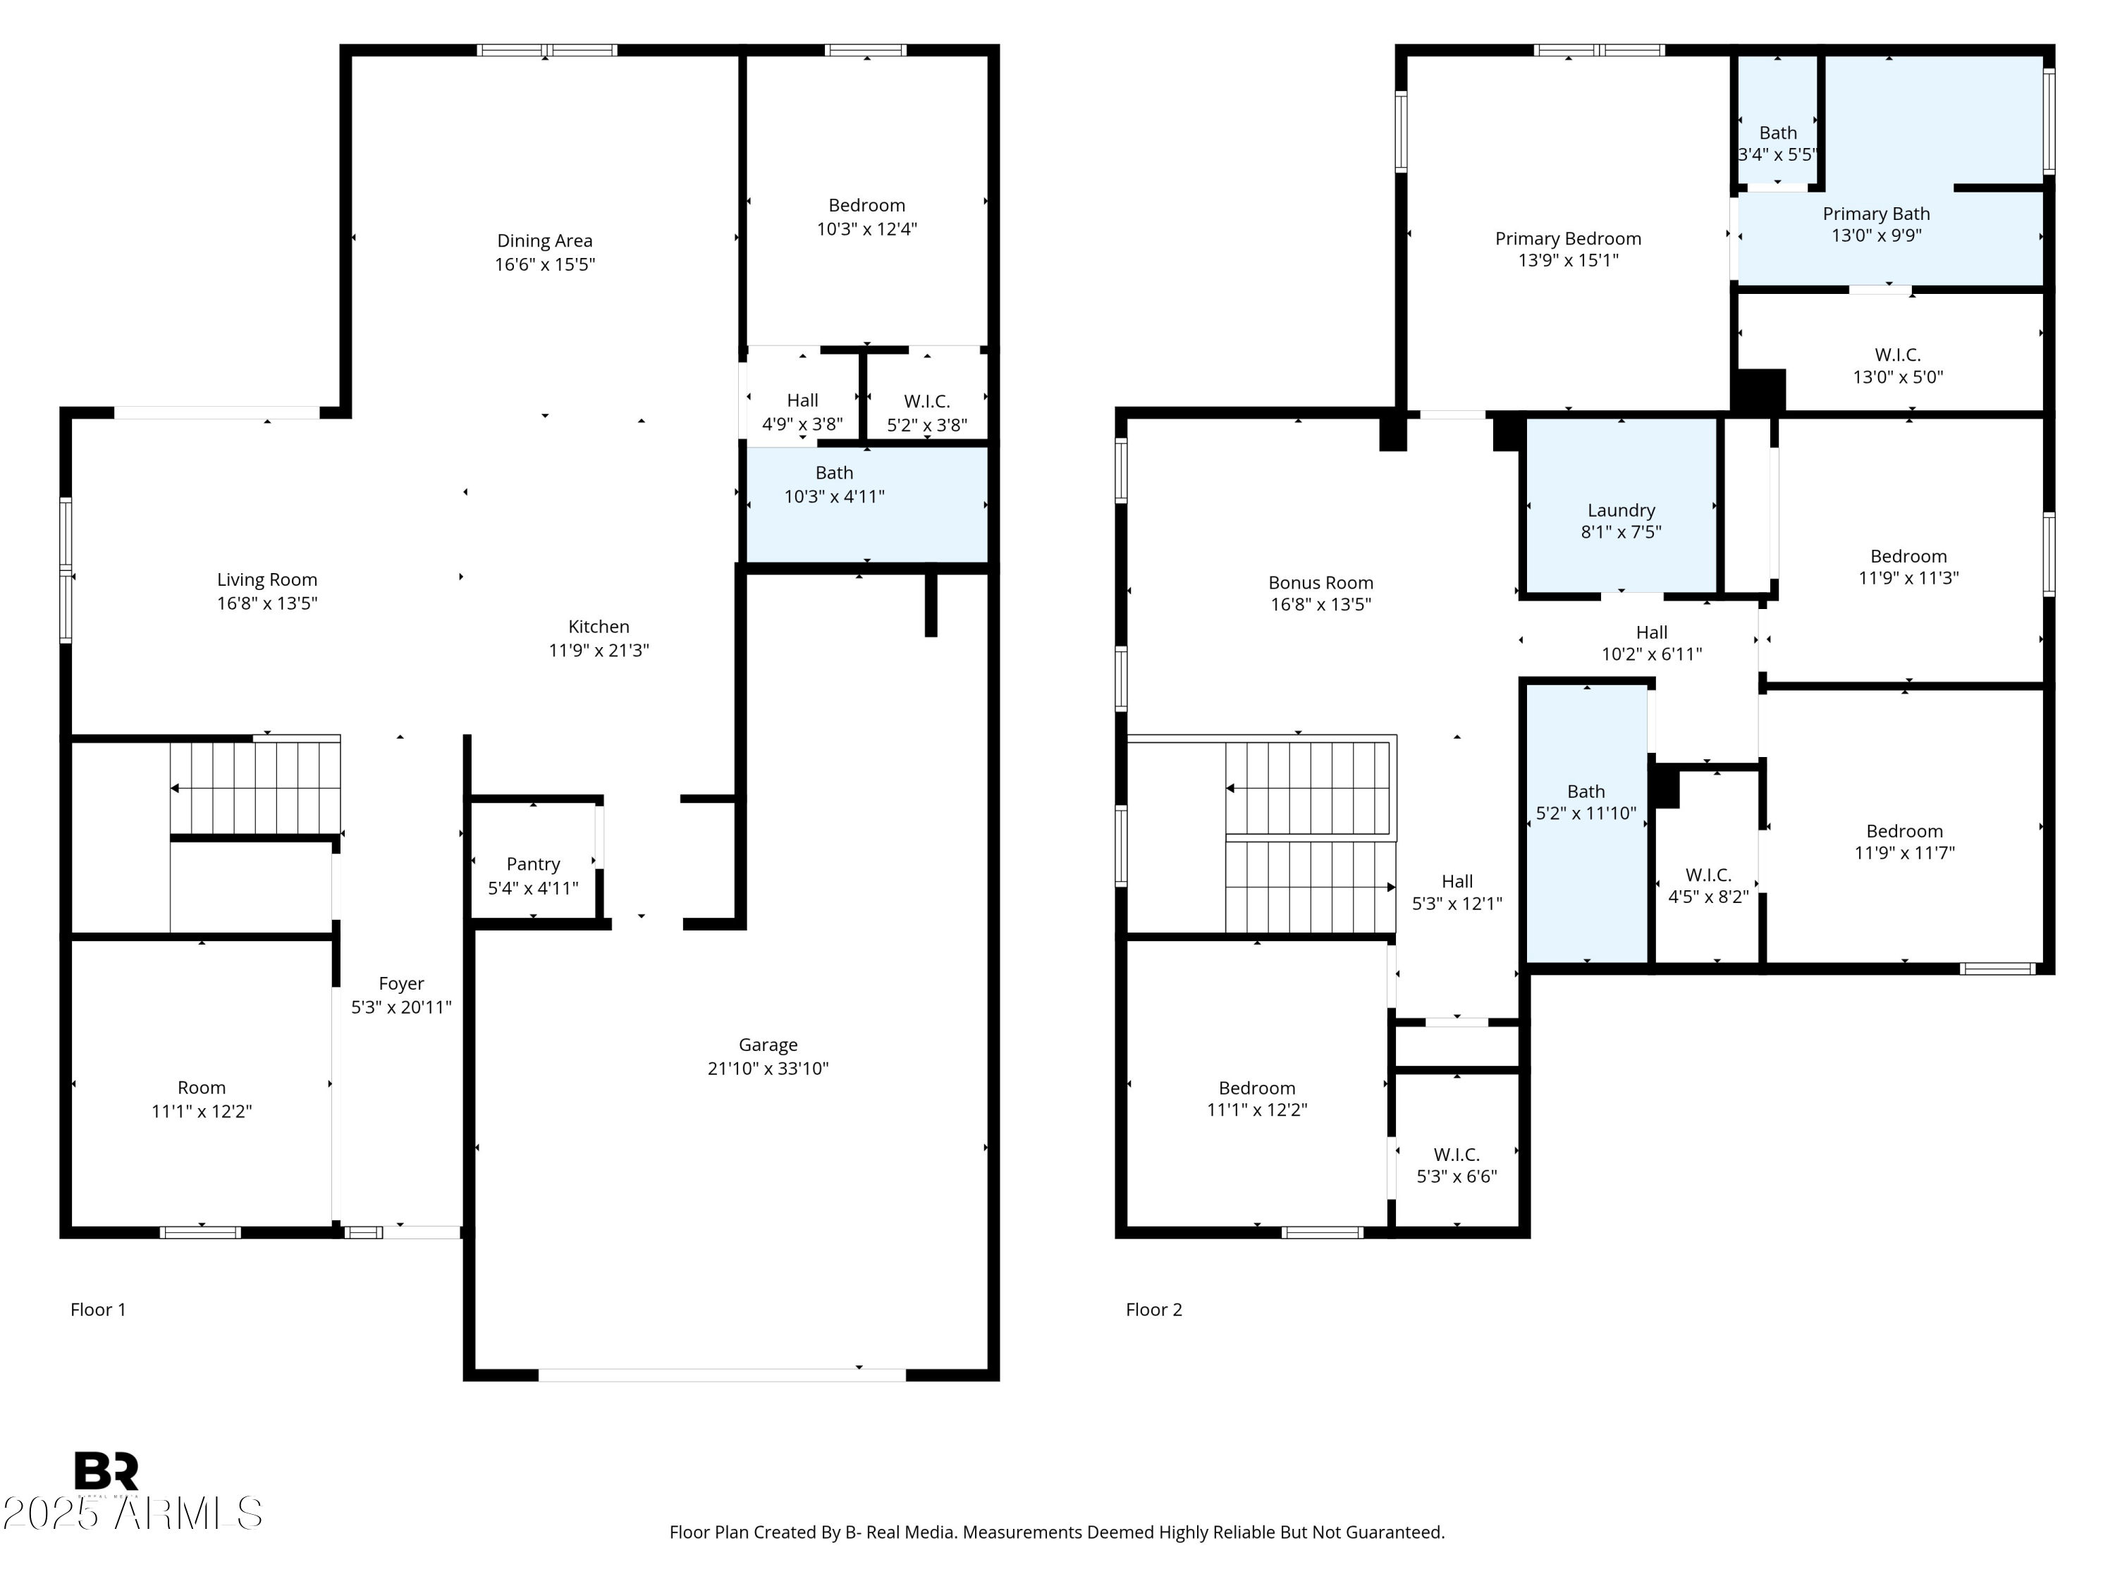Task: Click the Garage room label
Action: coord(767,1045)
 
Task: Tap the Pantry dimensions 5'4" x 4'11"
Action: coord(532,888)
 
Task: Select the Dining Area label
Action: coord(544,241)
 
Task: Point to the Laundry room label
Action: coord(1621,510)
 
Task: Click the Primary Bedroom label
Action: coord(1567,239)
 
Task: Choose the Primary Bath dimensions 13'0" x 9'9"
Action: coord(1876,235)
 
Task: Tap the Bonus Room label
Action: coord(1320,582)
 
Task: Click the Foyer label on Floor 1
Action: coord(400,984)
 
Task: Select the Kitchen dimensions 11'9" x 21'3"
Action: coord(599,650)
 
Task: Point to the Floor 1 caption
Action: coord(97,1310)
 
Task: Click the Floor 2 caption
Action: coord(1153,1310)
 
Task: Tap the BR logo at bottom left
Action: coord(106,1470)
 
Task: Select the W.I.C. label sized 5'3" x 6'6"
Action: coord(1457,1155)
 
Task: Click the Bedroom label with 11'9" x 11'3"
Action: coord(1908,556)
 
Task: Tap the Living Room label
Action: coord(266,579)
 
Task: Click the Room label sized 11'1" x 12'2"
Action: coord(201,1088)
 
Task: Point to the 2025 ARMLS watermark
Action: coord(132,1513)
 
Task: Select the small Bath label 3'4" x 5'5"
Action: coord(1777,133)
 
